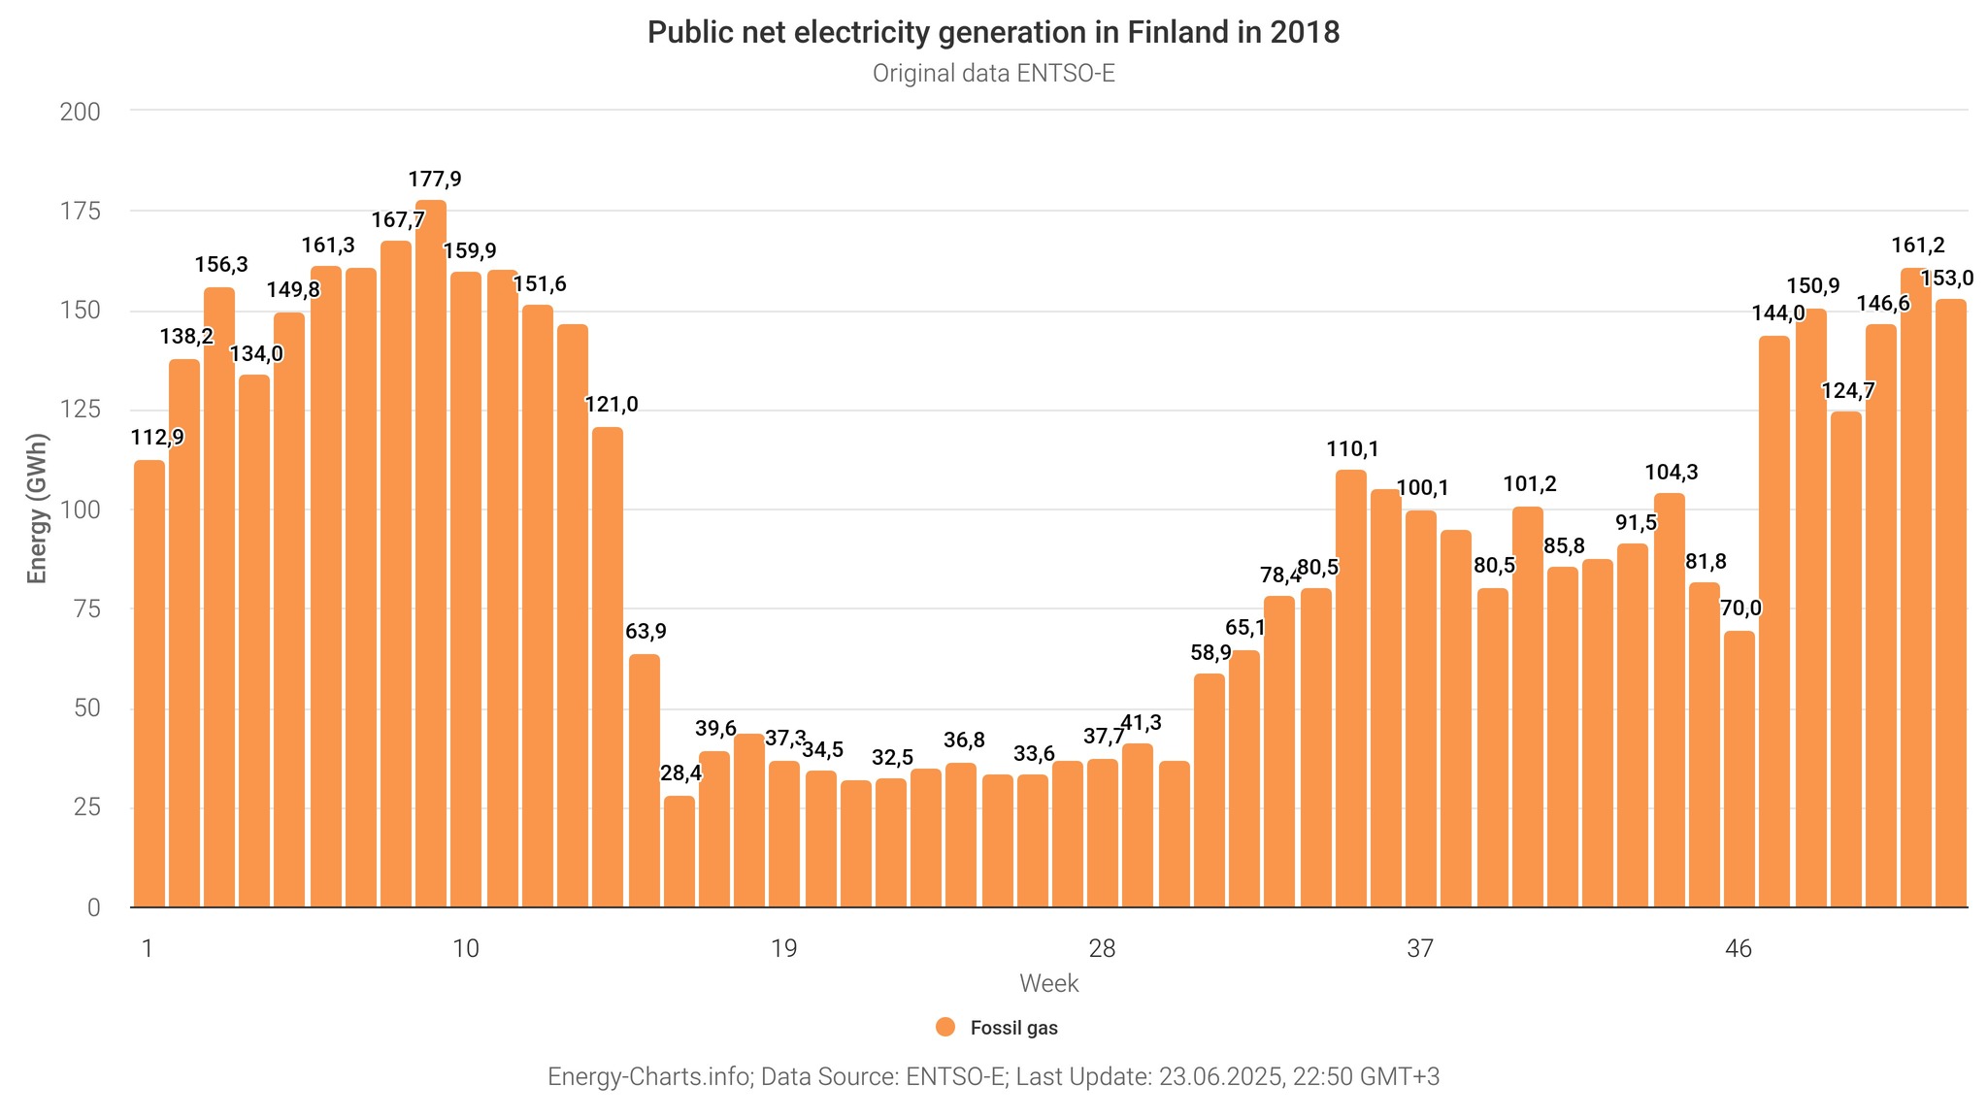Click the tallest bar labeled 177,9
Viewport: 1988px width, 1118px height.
click(431, 553)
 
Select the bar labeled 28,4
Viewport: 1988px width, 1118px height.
click(679, 852)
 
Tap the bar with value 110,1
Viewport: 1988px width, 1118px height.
click(1351, 689)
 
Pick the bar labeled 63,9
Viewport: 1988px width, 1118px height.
click(645, 781)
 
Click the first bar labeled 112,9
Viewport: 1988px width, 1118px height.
click(149, 684)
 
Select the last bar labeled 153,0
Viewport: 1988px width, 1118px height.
click(1951, 604)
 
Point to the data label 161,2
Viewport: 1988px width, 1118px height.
click(1918, 246)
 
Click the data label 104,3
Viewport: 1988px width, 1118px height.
click(1672, 473)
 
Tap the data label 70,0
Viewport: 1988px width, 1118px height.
click(1740, 608)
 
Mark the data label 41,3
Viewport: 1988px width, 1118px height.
click(1142, 723)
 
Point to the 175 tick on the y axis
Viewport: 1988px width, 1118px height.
click(81, 212)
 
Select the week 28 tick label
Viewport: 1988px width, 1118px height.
click(1102, 948)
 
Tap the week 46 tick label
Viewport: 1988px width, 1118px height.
click(1739, 948)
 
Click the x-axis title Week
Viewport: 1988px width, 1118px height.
click(1049, 984)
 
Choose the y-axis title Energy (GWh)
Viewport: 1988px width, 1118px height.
click(37, 509)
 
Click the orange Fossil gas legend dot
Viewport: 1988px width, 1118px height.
click(945, 1028)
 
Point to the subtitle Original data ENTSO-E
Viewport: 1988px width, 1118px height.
click(993, 74)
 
